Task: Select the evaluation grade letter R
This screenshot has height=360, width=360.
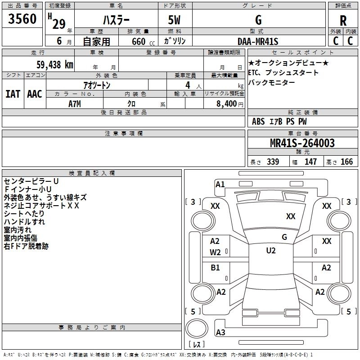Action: (343, 21)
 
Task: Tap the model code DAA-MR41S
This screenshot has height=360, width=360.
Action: (258, 41)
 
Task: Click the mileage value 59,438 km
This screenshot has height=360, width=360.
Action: (49, 64)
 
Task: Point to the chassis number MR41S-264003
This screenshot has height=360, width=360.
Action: (302, 144)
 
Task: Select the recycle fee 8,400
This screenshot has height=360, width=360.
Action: (226, 103)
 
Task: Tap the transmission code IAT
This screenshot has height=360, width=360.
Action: (13, 94)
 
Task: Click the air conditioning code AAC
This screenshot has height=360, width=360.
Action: (34, 94)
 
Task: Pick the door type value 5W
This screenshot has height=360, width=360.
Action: (175, 21)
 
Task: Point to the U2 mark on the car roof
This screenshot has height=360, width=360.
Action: (270, 251)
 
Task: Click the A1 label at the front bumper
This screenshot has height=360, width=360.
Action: (220, 184)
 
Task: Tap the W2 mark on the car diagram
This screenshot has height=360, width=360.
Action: (216, 252)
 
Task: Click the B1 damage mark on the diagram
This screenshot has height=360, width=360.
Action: (216, 268)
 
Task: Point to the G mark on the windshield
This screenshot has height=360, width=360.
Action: (284, 237)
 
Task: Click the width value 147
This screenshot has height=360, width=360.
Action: (310, 162)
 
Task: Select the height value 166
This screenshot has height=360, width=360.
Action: (346, 162)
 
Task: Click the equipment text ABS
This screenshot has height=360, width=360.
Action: (258, 121)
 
